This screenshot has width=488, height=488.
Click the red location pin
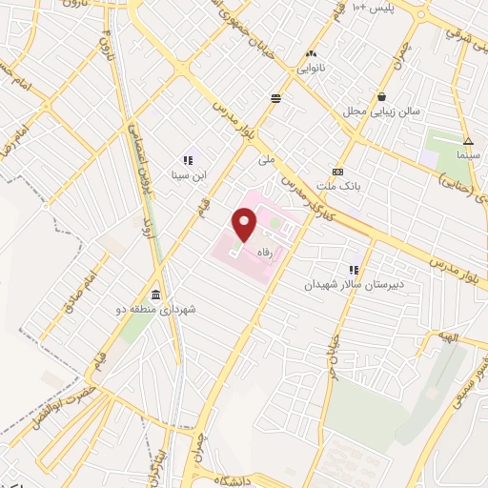244,225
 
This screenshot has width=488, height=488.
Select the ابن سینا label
187,175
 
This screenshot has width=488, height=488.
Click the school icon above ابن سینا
188,160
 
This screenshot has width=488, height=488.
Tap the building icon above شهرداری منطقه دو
154,294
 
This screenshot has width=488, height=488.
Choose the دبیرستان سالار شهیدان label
354,284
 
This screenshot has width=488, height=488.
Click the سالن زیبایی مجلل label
380,112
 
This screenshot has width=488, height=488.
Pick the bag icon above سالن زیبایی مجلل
381,96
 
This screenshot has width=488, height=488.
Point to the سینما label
468,153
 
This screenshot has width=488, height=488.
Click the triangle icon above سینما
468,140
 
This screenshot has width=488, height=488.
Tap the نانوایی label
311,69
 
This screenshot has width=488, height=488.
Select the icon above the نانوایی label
311,54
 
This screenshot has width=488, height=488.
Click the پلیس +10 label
372,8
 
